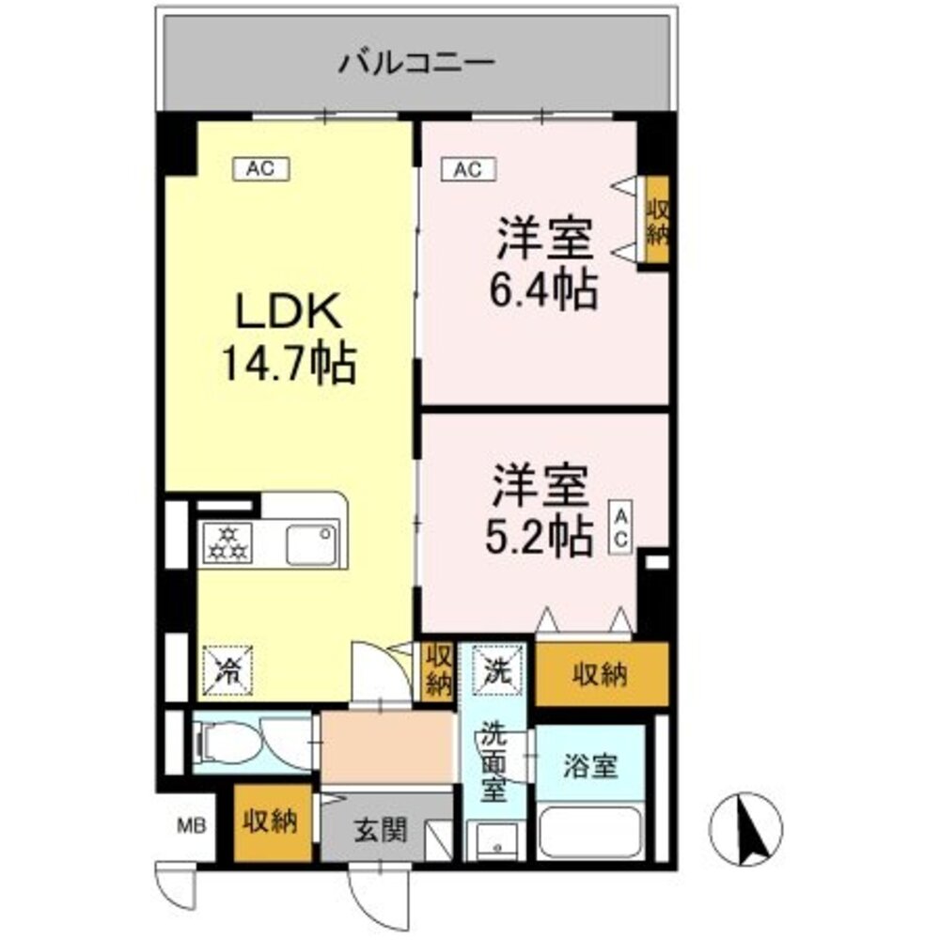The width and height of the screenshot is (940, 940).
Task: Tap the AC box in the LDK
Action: pyautogui.click(x=260, y=169)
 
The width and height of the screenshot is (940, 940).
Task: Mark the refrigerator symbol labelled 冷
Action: pyautogui.click(x=227, y=669)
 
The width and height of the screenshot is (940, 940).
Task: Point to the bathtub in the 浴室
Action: pyautogui.click(x=589, y=832)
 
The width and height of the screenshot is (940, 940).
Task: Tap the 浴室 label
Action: pyautogui.click(x=590, y=766)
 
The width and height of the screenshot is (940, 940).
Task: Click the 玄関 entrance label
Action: pyautogui.click(x=380, y=830)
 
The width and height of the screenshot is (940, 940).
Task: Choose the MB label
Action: pyautogui.click(x=190, y=827)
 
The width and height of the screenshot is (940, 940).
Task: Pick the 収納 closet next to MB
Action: pyautogui.click(x=271, y=822)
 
